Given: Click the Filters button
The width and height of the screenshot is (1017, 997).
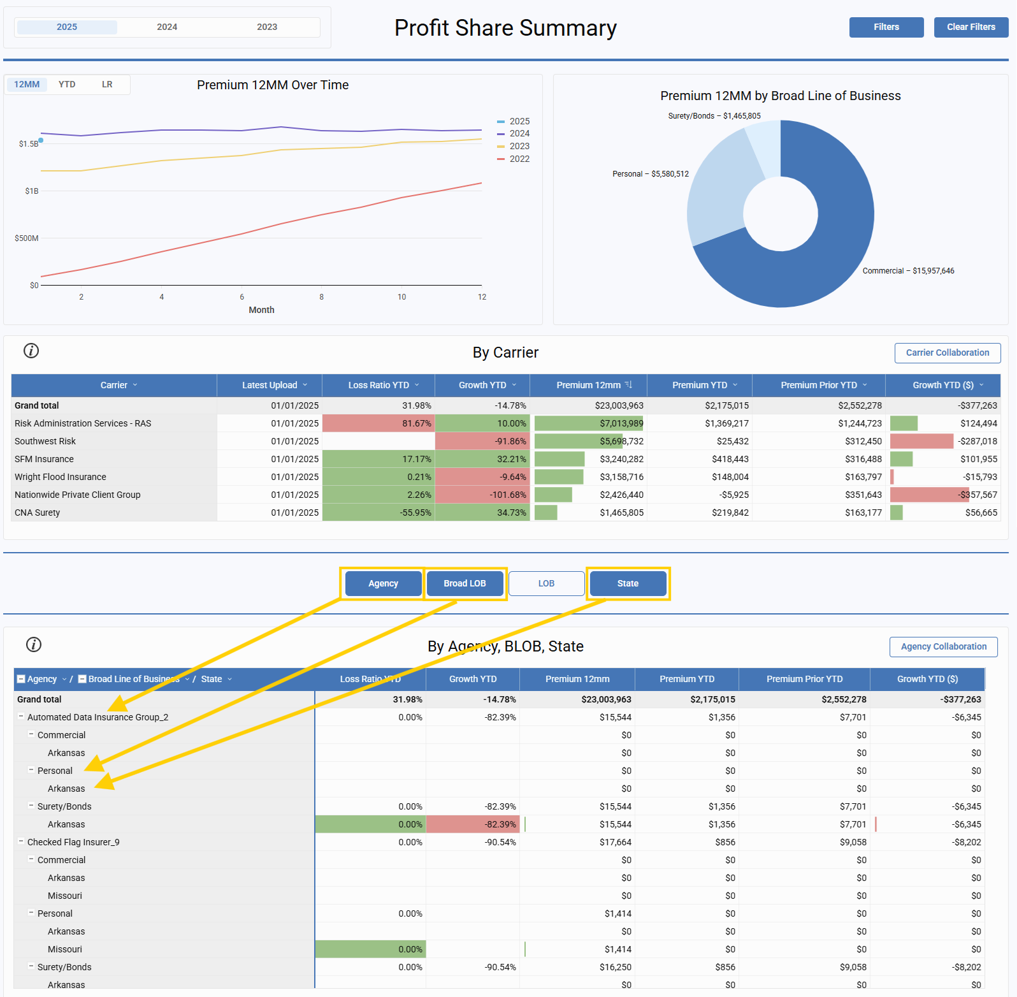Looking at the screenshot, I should point(886,27).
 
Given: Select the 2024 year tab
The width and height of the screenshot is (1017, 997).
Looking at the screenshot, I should point(167,27).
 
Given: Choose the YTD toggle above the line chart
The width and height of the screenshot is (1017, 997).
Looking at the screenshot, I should point(67,85).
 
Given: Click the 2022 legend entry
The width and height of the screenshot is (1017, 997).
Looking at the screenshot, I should point(519,159).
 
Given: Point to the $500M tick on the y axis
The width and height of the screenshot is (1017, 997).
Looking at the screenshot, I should point(27,238).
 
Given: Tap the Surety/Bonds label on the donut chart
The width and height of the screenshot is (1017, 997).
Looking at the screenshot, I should point(714,116).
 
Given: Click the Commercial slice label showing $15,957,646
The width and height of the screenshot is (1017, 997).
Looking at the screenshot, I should point(908,271).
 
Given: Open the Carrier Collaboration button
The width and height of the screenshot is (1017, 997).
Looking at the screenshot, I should point(947,353).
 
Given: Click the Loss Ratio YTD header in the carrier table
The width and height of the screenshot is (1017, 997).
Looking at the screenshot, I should point(379,385).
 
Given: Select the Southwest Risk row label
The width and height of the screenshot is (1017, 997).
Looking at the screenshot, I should point(45,441).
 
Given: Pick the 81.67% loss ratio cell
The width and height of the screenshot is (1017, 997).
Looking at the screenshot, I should point(379,423).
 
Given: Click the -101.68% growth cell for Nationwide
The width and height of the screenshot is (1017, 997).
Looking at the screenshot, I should point(482,495).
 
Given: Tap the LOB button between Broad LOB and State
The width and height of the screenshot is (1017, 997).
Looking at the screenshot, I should point(546,583).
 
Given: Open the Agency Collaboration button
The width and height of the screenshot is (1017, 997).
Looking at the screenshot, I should point(943,646).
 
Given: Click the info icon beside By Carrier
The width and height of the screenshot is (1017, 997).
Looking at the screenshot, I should point(31,351).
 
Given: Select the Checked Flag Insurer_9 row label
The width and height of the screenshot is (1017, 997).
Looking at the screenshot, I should point(73,842).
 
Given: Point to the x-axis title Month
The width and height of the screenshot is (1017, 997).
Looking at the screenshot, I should point(261,310).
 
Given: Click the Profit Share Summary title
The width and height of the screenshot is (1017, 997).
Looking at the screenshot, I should point(505,28).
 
